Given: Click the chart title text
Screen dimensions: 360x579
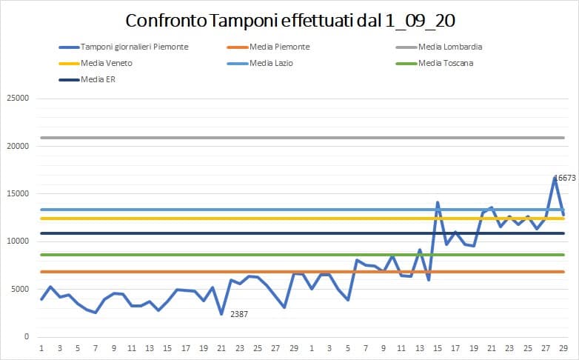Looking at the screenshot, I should click(x=289, y=19).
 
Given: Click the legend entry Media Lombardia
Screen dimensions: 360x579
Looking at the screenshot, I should click(x=450, y=47).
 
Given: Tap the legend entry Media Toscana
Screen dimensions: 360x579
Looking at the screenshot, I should click(x=446, y=63).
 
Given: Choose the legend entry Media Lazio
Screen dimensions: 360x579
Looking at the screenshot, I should click(x=271, y=63).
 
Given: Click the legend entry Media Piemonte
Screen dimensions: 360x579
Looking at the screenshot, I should click(x=279, y=47).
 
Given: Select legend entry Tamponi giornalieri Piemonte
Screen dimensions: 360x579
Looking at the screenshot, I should click(x=134, y=47).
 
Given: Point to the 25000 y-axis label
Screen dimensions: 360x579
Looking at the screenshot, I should click(x=17, y=99).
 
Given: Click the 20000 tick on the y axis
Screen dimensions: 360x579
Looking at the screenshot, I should click(x=17, y=146).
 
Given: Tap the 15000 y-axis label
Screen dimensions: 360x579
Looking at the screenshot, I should click(x=17, y=194).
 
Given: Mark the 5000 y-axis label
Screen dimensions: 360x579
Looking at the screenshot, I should click(x=19, y=289).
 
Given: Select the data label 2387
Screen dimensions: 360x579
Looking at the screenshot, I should click(x=238, y=314).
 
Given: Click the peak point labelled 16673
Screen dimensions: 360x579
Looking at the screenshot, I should click(x=555, y=178).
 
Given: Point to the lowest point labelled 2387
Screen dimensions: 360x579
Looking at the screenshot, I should click(x=221, y=314).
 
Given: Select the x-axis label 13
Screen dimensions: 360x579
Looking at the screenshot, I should click(x=150, y=347).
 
